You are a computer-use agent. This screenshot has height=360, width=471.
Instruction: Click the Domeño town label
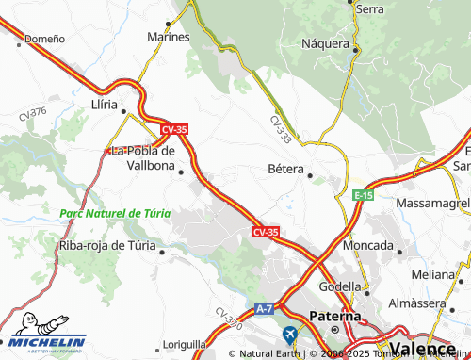(x=44, y=40)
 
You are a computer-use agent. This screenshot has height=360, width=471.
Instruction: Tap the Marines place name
(x=169, y=37)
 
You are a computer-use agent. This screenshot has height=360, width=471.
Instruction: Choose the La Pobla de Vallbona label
(x=143, y=157)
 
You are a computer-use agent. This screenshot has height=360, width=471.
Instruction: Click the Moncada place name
(x=368, y=245)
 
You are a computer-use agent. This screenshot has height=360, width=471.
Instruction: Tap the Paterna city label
(x=336, y=317)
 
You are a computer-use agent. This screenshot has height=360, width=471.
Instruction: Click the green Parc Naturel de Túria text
(x=114, y=213)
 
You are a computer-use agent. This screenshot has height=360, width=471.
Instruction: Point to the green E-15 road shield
(x=364, y=194)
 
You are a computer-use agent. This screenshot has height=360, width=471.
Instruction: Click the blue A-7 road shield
(x=267, y=308)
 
